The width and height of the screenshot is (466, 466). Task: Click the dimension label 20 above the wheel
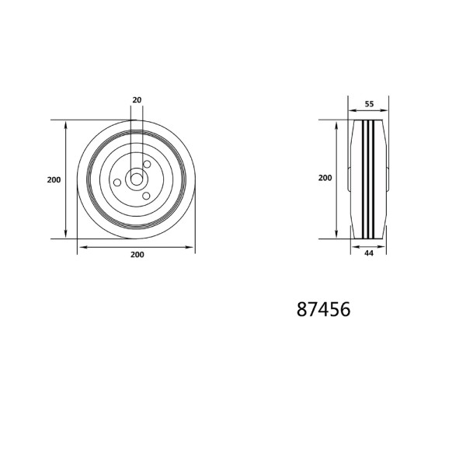tap(137, 100)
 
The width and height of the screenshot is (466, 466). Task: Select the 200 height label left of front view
tap(54, 180)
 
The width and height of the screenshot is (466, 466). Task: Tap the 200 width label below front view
tap(137, 255)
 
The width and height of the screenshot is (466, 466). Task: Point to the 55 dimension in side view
tap(369, 104)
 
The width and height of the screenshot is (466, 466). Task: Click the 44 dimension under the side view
tap(369, 253)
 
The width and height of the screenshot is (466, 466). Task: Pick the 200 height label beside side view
tap(325, 178)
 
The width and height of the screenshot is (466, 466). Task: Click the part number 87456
tap(323, 309)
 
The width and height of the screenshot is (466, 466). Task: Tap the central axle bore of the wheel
tap(137, 179)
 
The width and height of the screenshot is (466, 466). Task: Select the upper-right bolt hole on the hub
tap(147, 164)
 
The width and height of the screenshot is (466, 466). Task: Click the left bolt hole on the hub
tap(117, 183)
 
